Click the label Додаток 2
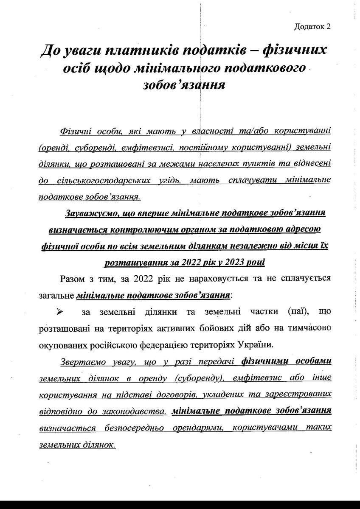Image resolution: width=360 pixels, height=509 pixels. (x=312, y=27)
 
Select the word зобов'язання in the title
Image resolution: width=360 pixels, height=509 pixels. (x=184, y=85)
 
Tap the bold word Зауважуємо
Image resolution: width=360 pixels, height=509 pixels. (x=91, y=213)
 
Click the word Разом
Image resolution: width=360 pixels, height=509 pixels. (x=73, y=279)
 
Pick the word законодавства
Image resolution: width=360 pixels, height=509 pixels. (x=140, y=411)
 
